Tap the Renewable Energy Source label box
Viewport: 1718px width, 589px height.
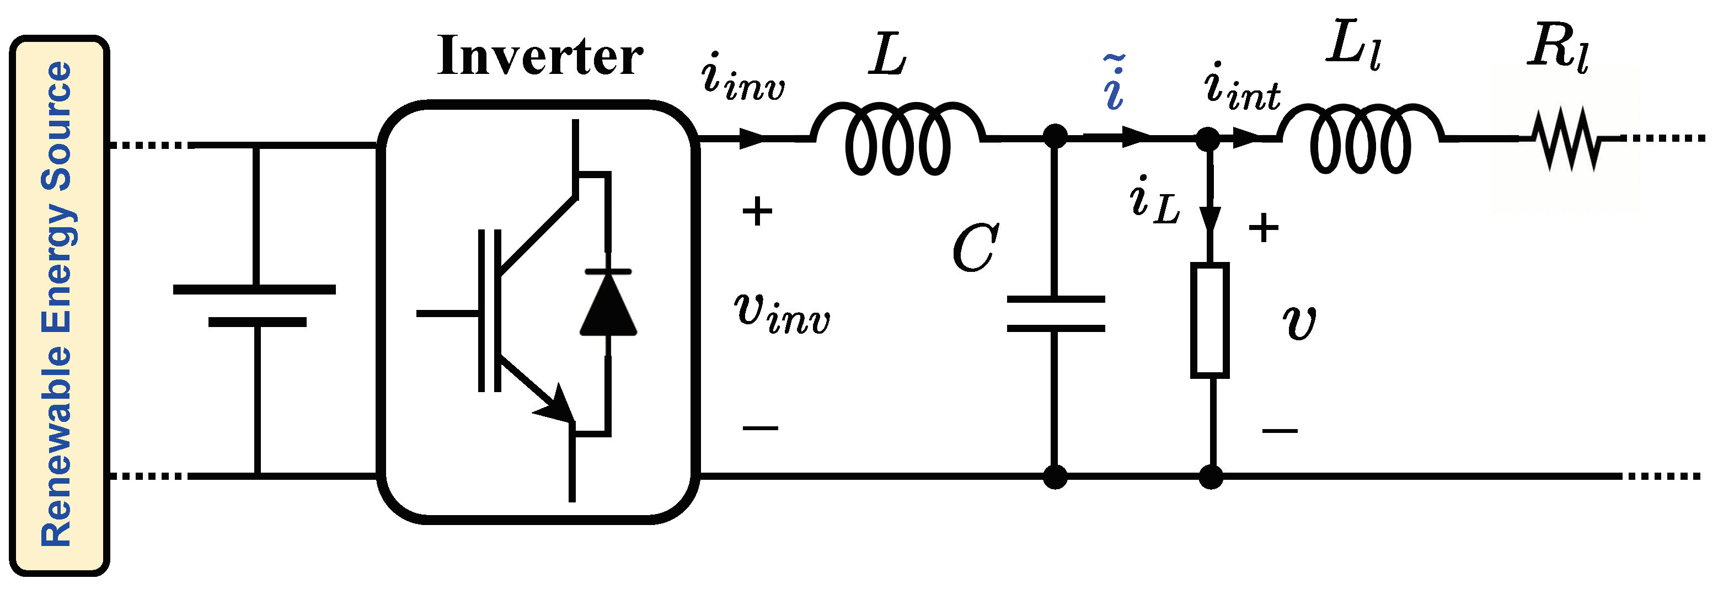pyautogui.click(x=58, y=306)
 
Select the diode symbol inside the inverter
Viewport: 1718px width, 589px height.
pyautogui.click(x=608, y=303)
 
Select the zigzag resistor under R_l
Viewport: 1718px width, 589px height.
pyautogui.click(x=1571, y=140)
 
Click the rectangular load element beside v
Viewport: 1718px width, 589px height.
pyautogui.click(x=1210, y=321)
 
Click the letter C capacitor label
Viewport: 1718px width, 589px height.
pyautogui.click(x=975, y=248)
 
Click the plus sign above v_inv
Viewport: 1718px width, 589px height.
pyautogui.click(x=757, y=212)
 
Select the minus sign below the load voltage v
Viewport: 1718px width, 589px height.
pyautogui.click(x=1279, y=430)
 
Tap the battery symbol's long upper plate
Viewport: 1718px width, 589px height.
pyautogui.click(x=254, y=290)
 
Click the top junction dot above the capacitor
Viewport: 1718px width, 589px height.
pyautogui.click(x=1055, y=138)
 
